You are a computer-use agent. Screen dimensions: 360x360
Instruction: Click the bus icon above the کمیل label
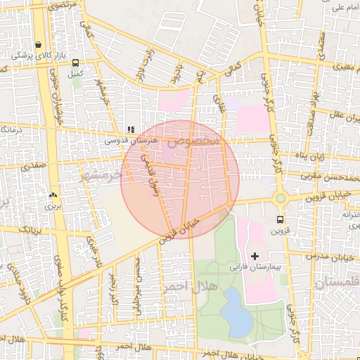75,63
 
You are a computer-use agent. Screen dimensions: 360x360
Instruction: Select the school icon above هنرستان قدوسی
130,129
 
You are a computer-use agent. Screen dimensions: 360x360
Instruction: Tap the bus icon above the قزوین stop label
281,219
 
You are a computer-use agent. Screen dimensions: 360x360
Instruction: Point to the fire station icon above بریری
53,195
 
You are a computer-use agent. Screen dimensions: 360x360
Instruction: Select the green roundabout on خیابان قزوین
281,198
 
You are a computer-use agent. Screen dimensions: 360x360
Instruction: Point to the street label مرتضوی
63,4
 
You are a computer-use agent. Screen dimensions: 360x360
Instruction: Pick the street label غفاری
224,105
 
